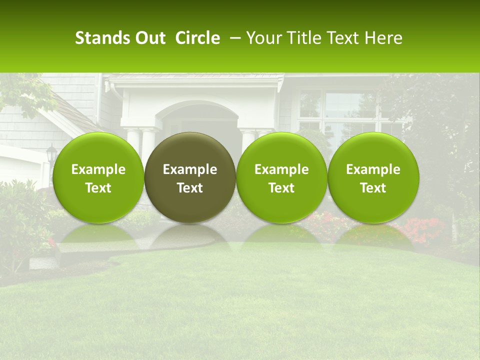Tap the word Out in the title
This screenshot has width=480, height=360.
coord(148,38)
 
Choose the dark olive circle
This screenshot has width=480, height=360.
coord(190,150)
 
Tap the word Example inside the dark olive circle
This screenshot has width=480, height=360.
coord(190,169)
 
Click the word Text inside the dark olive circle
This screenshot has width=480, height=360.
coord(190,188)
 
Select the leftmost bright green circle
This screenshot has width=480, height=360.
coord(98,150)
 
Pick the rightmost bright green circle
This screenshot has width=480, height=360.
coord(373,150)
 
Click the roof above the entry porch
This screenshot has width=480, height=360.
coord(195,78)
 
